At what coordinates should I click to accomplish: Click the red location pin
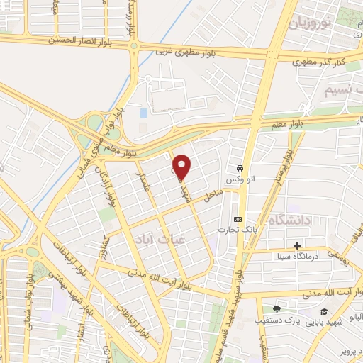[182, 167]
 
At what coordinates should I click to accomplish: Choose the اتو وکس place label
[240, 180]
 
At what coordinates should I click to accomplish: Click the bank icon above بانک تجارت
[238, 219]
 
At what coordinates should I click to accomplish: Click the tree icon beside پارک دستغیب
[276, 309]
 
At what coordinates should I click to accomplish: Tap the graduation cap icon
[324, 312]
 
